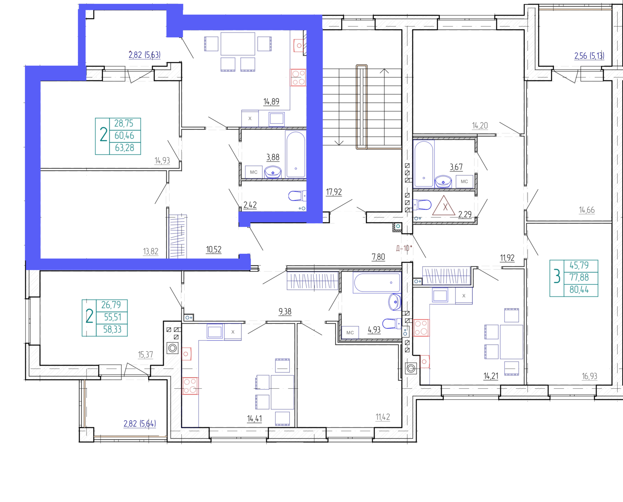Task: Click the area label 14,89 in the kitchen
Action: coord(271,102)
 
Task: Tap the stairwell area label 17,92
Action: coord(334,192)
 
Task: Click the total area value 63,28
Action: coord(125,148)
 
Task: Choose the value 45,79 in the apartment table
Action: coord(579,265)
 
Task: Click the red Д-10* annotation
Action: coord(404,248)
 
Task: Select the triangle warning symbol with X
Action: coord(444,206)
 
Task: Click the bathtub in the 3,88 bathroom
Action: coord(296,154)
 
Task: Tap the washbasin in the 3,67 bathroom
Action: coord(443,181)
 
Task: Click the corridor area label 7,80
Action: coord(378,257)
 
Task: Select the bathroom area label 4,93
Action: coord(374,330)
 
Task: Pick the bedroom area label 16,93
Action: coord(590,376)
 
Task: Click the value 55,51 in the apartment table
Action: coord(113,318)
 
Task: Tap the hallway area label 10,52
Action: coord(214,249)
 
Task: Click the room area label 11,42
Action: coord(383,417)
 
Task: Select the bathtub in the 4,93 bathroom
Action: coord(377,283)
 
